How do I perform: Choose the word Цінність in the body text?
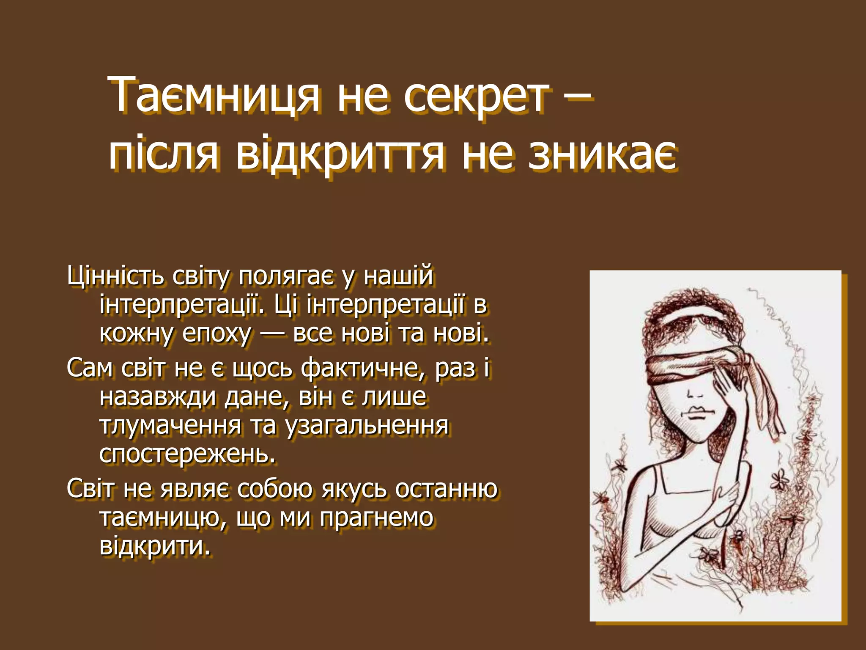pyautogui.click(x=115, y=276)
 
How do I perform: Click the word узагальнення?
pyautogui.click(x=367, y=426)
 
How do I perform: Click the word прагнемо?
pyautogui.click(x=376, y=518)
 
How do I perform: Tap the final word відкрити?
pyautogui.click(x=155, y=546)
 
